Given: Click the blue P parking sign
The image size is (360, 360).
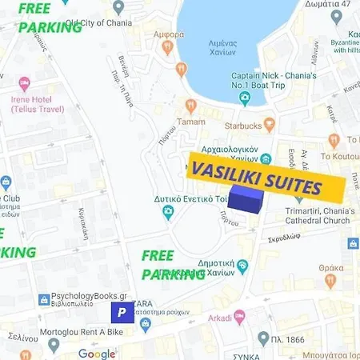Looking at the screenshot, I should point(122,312).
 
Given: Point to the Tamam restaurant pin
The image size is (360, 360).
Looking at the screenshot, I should point(190,106).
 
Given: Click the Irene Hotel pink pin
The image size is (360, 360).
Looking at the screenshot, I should point(24,83).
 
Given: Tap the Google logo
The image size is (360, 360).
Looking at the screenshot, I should point(97,353).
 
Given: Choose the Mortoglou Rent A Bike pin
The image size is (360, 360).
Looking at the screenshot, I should point(54,345).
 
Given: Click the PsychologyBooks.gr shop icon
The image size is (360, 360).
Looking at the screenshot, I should point(45,300).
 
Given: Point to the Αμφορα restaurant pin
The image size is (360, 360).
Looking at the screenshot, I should point(168,47).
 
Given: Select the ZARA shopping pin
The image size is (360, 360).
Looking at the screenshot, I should point(145,323).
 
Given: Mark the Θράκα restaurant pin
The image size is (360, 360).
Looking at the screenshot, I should point(330,281).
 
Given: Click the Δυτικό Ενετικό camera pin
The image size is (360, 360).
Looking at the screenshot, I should point(168,212).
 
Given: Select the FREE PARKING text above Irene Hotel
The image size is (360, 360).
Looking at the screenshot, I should point(49,18).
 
